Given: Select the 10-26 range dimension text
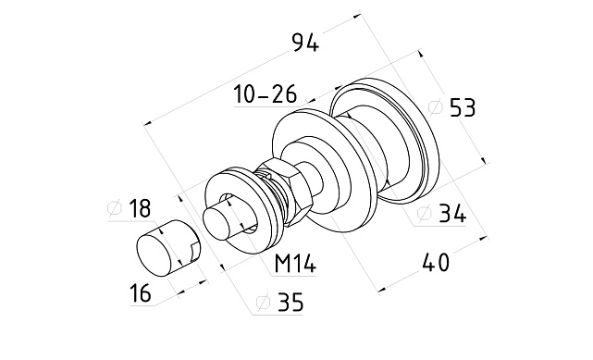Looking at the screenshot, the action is [266, 93].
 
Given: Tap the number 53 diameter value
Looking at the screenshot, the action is [463, 107].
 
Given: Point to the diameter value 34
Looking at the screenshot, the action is [452, 214].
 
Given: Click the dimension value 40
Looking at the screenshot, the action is [436, 263].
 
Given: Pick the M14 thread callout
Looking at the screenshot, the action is [295, 263].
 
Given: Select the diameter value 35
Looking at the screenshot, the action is [290, 302].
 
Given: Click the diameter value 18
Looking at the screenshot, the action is [140, 208].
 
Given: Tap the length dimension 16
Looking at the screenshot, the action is [140, 293].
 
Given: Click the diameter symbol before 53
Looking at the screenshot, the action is [436, 107].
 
